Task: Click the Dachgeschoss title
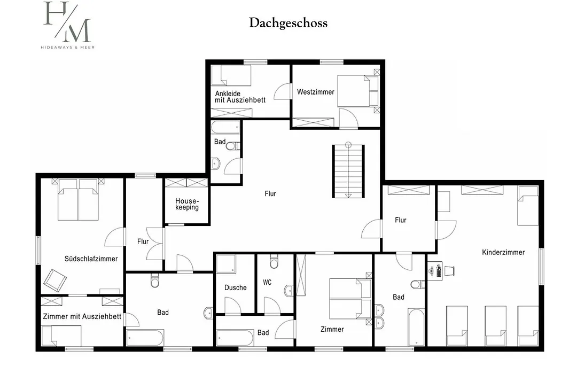[x=288, y=23]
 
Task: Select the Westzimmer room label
[x=315, y=92]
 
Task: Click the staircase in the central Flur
[x=348, y=170]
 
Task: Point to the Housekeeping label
[x=187, y=204]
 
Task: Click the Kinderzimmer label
[x=503, y=253]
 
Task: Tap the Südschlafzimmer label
[x=91, y=259]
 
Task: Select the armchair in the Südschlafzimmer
[x=55, y=280]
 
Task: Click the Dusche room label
[x=236, y=288]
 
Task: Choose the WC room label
[x=267, y=282]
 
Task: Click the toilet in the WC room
[x=274, y=261]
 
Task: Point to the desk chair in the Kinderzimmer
[x=449, y=270]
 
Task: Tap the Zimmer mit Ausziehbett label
[x=82, y=317]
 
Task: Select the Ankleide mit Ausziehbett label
[x=240, y=97]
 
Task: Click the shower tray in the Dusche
[x=226, y=264]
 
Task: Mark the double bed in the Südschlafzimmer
[x=78, y=199]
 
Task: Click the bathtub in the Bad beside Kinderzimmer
[x=416, y=327]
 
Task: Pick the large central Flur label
[x=270, y=193]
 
